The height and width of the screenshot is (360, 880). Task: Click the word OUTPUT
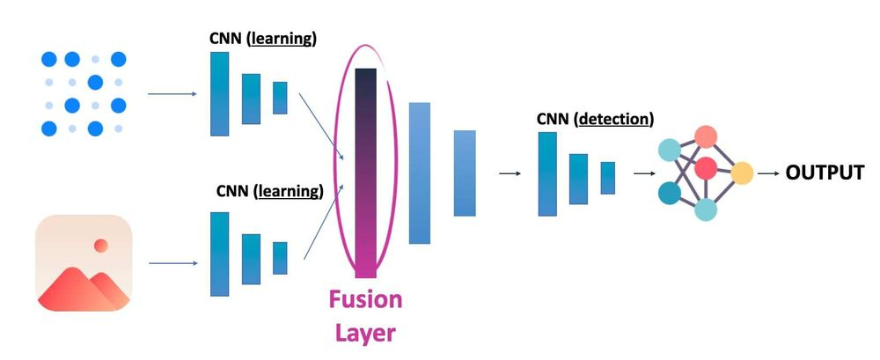click(825, 173)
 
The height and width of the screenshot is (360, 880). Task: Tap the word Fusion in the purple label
click(365, 299)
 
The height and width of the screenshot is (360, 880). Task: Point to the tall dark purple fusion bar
click(365, 173)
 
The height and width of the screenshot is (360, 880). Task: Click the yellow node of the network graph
click(742, 173)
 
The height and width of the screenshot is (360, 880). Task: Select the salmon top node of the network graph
click(706, 136)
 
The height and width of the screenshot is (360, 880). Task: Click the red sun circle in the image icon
click(101, 245)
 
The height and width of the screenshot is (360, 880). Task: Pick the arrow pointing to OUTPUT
click(769, 173)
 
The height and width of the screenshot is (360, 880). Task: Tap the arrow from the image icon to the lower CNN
click(172, 262)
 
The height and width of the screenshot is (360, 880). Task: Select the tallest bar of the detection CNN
click(547, 173)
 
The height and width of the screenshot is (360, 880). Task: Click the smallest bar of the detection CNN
click(607, 177)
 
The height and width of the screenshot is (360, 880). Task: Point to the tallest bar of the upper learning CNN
click(219, 93)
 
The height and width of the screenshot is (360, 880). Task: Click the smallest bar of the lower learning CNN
click(280, 258)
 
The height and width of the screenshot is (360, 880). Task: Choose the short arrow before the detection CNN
click(509, 173)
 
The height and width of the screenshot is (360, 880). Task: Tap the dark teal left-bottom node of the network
click(670, 192)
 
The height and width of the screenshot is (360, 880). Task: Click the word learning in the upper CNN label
click(284, 39)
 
